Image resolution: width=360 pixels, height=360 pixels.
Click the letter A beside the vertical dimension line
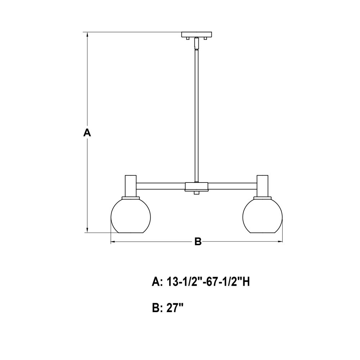(x=87, y=132)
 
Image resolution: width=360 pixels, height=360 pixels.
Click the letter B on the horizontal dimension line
(x=198, y=242)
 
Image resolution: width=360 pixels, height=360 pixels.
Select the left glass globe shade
(x=131, y=216)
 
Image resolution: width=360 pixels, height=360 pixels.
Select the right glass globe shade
(x=262, y=216)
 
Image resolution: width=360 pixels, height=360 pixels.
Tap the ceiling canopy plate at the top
(x=197, y=35)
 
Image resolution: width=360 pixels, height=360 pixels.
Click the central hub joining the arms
(x=197, y=186)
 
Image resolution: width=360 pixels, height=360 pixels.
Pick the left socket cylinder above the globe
(x=131, y=186)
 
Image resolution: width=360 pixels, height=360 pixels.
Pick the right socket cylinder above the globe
(x=262, y=186)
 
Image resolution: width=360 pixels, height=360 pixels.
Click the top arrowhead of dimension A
(x=87, y=35)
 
